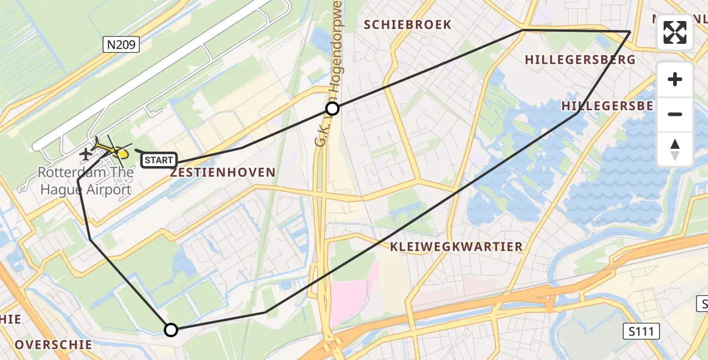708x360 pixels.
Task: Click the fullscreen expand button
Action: pyautogui.click(x=675, y=32)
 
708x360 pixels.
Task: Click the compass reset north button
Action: pyautogui.click(x=675, y=149)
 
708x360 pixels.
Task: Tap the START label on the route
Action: pyautogui.click(x=159, y=160)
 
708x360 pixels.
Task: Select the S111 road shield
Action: pyautogui.click(x=640, y=331)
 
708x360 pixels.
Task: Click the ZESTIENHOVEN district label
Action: pyautogui.click(x=223, y=173)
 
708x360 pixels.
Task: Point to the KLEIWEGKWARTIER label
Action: pyautogui.click(x=456, y=247)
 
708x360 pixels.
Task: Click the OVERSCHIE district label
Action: pyautogui.click(x=54, y=345)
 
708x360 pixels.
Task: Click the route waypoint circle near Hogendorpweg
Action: pyautogui.click(x=332, y=109)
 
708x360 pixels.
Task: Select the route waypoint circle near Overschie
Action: pyautogui.click(x=171, y=329)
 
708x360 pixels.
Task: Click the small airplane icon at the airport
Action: pyautogui.click(x=86, y=154)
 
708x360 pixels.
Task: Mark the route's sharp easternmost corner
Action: pyautogui.click(x=630, y=31)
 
